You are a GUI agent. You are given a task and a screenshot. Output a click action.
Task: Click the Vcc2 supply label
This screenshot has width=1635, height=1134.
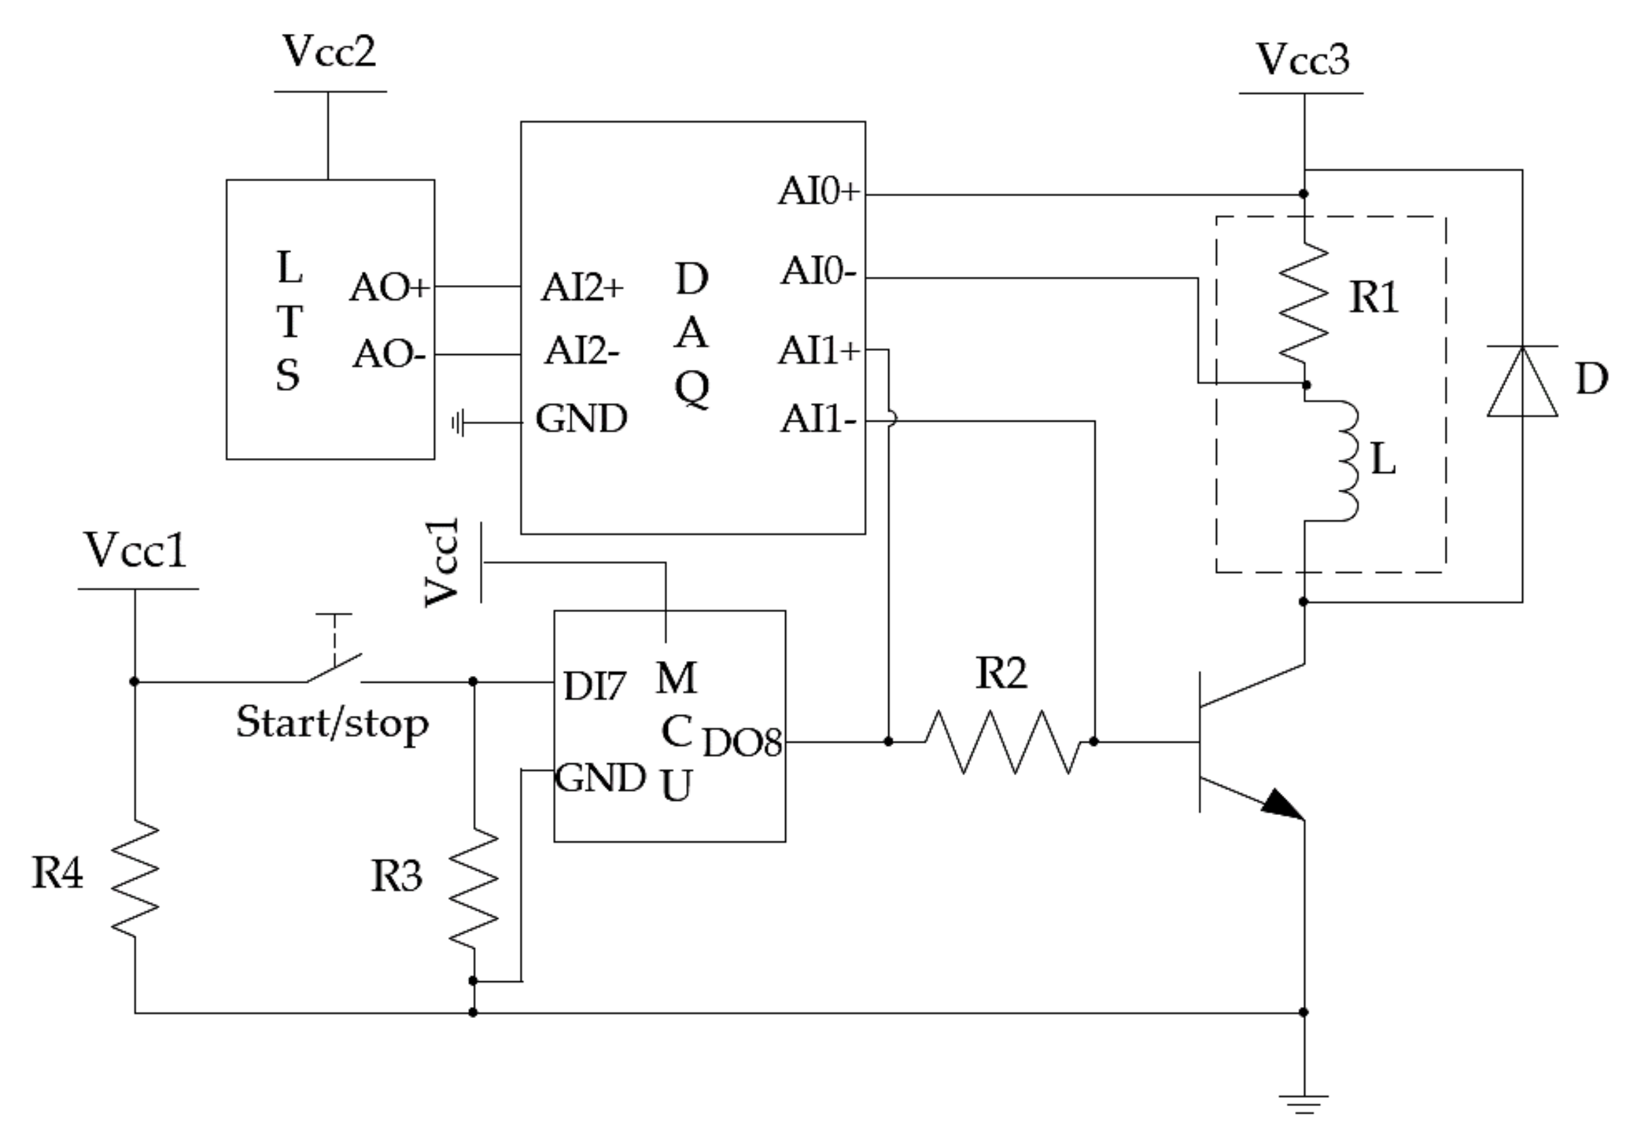coord(329,52)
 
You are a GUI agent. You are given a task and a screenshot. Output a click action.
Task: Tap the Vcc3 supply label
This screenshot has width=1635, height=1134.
coord(1302,60)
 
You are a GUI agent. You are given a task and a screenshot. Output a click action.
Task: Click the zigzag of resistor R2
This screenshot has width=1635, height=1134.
coord(1002,742)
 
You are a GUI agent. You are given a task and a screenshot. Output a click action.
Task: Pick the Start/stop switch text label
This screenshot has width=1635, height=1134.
coord(332,723)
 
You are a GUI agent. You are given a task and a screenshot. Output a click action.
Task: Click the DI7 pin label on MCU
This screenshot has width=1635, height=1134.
coord(594,686)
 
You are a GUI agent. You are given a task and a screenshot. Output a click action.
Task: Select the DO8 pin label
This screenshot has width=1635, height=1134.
coord(742,743)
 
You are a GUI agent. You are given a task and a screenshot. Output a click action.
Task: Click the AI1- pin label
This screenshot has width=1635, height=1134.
coord(818,419)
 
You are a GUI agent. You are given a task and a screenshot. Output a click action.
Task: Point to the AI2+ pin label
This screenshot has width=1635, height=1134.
coord(582,288)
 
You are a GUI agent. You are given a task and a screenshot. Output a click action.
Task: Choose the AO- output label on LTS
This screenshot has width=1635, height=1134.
coord(389,354)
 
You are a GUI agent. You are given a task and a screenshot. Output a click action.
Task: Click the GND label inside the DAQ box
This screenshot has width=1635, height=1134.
coord(580,419)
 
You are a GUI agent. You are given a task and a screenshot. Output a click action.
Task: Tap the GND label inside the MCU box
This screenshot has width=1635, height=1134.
coord(600,777)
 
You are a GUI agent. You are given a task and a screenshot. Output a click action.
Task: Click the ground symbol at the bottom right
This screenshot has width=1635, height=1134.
coord(1303,1103)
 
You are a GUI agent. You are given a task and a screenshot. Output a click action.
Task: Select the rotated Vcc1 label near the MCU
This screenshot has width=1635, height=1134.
coord(442,563)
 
